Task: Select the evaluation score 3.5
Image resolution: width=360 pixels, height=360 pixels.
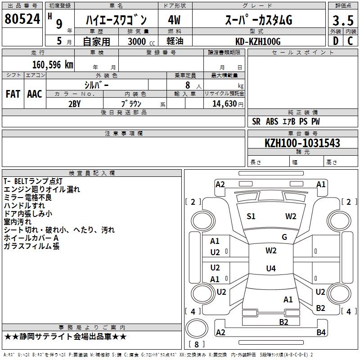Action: (342, 20)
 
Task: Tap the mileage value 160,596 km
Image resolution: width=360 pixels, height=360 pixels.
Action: (53, 64)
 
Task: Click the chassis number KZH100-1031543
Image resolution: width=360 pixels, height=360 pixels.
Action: (302, 143)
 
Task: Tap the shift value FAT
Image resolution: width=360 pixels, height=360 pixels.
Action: (13, 94)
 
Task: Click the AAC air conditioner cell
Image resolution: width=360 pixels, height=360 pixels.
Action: (35, 94)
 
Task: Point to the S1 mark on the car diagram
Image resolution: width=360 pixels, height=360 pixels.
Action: (251, 216)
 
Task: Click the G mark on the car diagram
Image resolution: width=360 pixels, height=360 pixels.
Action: (284, 237)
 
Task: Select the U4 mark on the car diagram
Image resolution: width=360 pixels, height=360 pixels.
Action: (270, 269)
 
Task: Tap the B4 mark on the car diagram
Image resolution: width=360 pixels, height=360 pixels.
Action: (321, 333)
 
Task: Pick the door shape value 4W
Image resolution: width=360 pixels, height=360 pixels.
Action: (175, 20)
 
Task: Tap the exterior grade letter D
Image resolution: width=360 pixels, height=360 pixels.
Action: (335, 41)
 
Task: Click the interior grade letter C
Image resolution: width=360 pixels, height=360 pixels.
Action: (350, 41)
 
